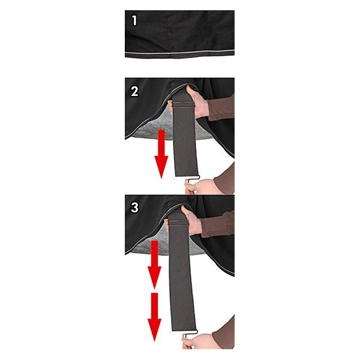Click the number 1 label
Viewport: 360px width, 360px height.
(x=135, y=20)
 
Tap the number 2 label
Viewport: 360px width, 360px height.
(x=135, y=91)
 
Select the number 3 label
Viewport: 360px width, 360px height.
(x=135, y=208)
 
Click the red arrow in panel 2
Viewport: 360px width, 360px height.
(x=161, y=154)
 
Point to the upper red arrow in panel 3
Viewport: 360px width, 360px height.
(x=155, y=265)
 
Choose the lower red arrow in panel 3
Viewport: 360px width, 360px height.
(x=155, y=317)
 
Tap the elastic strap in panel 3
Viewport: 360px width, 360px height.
(x=181, y=271)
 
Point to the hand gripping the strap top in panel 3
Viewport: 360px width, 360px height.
(x=193, y=221)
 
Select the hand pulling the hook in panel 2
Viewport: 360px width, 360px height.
(x=200, y=187)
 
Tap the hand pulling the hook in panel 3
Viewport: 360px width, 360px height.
(x=198, y=341)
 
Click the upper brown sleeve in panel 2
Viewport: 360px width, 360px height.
(x=221, y=107)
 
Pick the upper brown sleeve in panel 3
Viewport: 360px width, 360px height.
(x=217, y=224)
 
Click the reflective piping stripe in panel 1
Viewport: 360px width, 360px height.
(x=179, y=53)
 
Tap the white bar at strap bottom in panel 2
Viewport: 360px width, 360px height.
(x=187, y=177)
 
